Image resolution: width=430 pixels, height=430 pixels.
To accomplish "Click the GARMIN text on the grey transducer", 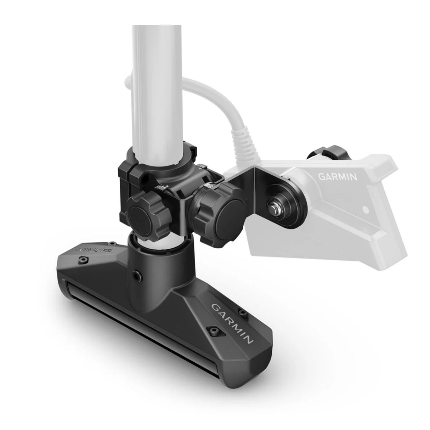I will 337,176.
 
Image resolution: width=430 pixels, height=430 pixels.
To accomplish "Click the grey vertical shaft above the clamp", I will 159,71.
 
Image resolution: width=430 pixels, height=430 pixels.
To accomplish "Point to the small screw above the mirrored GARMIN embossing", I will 111,244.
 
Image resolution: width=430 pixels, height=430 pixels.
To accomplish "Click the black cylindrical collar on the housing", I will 159,262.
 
